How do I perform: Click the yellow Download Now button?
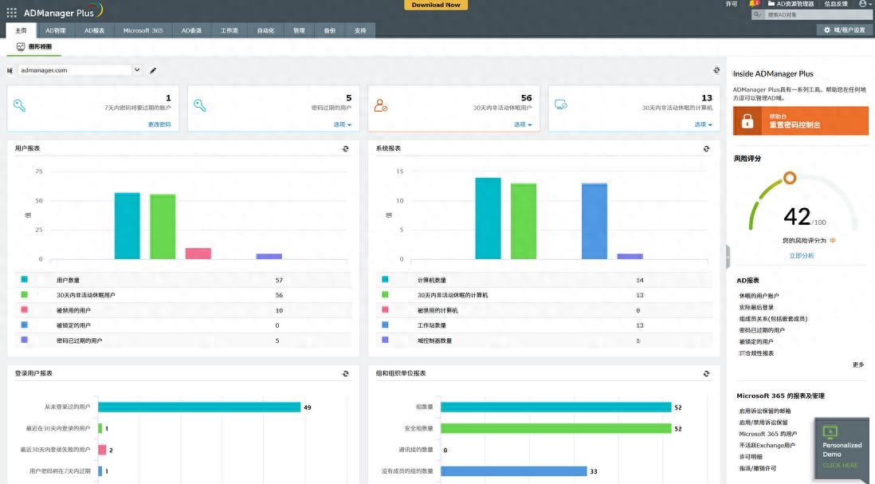point(436,5)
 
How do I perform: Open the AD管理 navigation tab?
point(56,30)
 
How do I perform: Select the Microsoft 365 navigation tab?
point(143,30)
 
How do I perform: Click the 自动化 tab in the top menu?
point(265,30)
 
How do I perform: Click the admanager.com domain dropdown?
point(79,70)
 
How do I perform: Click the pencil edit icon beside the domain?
point(153,70)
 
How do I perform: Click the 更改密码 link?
point(159,124)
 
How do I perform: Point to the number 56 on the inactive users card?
point(527,98)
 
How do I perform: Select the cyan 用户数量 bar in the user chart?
point(127,226)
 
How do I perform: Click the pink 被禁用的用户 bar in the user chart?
point(198,254)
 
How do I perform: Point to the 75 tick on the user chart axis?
point(38,171)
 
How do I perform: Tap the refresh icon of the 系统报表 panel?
point(706,148)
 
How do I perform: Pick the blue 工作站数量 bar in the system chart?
point(594,221)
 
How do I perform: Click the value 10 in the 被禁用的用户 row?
point(279,310)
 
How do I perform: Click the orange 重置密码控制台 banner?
point(800,121)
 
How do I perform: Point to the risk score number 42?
point(797,216)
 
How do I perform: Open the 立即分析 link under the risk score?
point(802,255)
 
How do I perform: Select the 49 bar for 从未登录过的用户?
point(199,407)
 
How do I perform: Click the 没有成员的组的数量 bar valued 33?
point(513,471)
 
